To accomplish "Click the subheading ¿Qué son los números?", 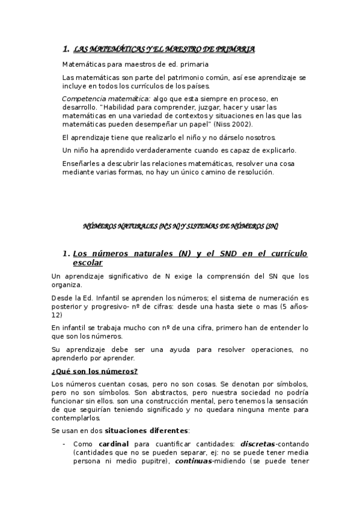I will point(94,371).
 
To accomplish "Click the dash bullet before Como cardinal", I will point(64,444).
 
